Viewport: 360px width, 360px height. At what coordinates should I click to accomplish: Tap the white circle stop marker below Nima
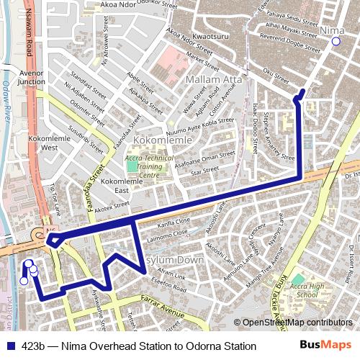336,42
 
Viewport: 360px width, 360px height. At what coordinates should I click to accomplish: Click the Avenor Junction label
32,77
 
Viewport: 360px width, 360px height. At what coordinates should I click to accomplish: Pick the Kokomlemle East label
112,186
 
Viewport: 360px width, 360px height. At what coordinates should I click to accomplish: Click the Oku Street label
276,75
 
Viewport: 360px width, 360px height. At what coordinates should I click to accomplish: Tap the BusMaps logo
326,346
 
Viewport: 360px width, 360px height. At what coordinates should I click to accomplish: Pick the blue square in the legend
10,346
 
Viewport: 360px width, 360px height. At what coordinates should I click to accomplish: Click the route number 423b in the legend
35,346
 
